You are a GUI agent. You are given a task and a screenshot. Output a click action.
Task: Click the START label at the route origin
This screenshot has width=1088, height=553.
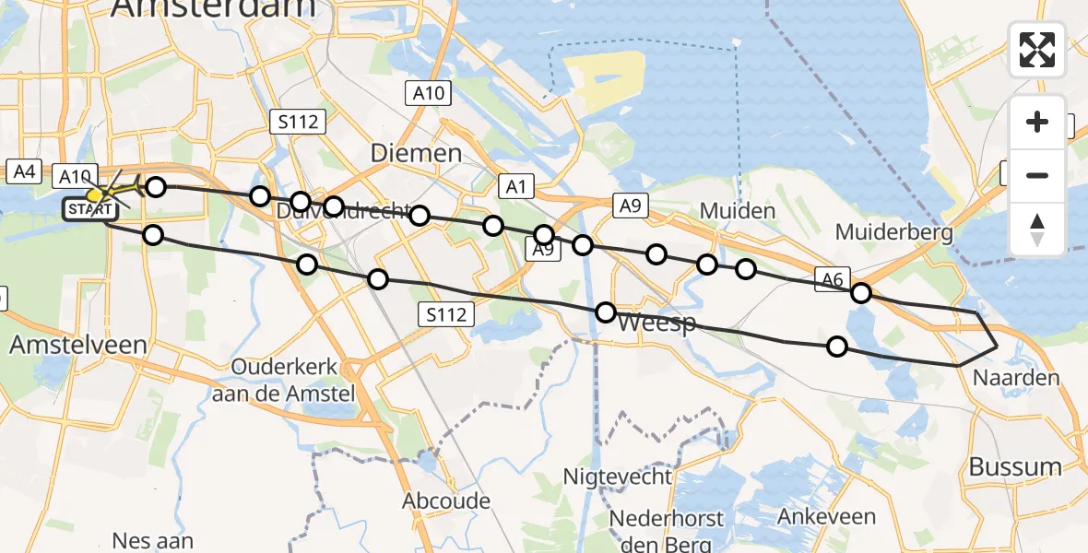point(89,210)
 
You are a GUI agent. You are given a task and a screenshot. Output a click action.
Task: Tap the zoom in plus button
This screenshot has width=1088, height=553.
point(1037,122)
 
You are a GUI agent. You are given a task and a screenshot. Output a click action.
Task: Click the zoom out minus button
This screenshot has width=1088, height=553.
point(1037,175)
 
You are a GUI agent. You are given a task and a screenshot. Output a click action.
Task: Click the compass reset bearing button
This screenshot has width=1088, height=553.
point(1037,229)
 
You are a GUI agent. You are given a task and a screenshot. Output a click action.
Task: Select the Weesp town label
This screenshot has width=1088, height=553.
point(654,324)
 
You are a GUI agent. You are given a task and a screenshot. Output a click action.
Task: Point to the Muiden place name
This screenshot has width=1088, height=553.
point(737,211)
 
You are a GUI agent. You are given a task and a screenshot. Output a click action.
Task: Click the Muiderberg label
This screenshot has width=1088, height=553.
point(893,232)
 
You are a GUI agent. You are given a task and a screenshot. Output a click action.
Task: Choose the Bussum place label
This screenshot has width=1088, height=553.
point(1015,467)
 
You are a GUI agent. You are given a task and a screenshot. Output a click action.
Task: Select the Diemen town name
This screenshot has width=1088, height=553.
point(416,153)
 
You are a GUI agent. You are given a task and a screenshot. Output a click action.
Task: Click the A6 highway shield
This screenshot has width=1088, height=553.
point(831,278)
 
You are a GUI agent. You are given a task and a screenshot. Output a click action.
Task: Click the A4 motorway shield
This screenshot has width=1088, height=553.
point(23,171)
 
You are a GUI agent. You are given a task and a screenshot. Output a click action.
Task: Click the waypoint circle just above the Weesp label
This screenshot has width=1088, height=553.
point(606,312)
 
